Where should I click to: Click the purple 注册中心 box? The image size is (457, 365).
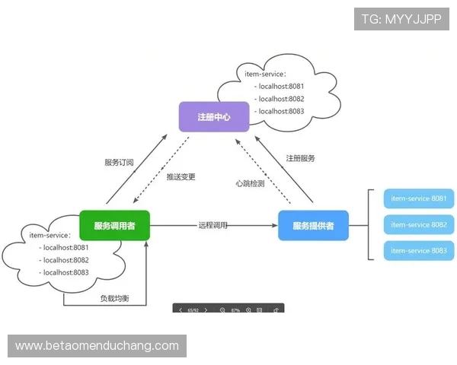pyautogui.click(x=214, y=117)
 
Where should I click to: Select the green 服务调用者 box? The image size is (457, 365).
pyautogui.click(x=115, y=225)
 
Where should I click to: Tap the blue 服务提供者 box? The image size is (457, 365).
pyautogui.click(x=313, y=225)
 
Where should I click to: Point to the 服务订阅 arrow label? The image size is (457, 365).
pyautogui.click(x=119, y=163)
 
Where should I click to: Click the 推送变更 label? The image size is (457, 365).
pyautogui.click(x=181, y=177)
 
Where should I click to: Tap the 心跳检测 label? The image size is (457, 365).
pyautogui.click(x=250, y=183)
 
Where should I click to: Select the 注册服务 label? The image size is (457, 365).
pyautogui.click(x=301, y=158)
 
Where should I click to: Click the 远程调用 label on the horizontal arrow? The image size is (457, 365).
pyautogui.click(x=213, y=226)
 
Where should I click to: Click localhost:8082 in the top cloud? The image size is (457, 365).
pyautogui.click(x=281, y=99)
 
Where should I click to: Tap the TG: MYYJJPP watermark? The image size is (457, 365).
pyautogui.click(x=401, y=18)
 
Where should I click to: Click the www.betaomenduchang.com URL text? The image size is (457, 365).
pyautogui.click(x=97, y=346)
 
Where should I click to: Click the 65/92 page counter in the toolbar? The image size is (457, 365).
pyautogui.click(x=193, y=311)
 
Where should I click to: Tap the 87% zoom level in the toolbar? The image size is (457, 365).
pyautogui.click(x=235, y=311)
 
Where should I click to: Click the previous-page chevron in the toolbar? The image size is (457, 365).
pyautogui.click(x=181, y=311)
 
